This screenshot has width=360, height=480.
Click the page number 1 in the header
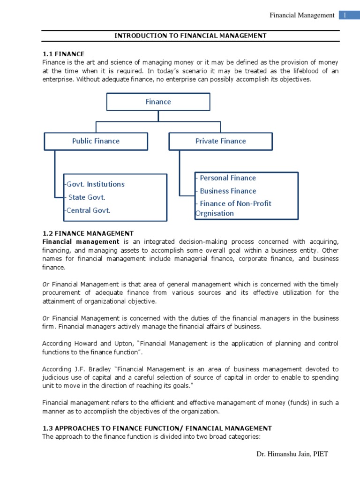(345, 15)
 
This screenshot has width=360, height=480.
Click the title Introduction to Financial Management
(191, 36)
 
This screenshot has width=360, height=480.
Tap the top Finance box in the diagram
(158, 102)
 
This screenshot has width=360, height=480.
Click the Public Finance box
(96, 141)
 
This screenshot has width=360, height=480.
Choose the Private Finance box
(220, 141)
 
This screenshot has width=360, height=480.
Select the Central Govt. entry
(89, 210)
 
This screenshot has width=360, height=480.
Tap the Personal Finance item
(227, 178)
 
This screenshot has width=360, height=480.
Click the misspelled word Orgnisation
(215, 213)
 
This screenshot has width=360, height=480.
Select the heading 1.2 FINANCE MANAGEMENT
(88, 233)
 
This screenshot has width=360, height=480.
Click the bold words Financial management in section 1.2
(81, 241)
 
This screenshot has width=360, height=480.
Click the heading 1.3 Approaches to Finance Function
(157, 428)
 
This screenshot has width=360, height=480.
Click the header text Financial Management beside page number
(302, 15)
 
